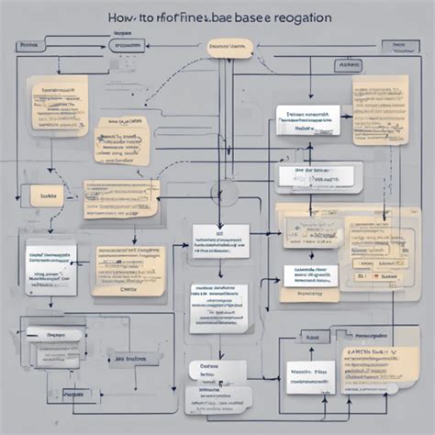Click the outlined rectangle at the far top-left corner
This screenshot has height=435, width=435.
point(28,44)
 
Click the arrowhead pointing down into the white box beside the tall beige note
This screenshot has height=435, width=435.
point(307,101)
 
